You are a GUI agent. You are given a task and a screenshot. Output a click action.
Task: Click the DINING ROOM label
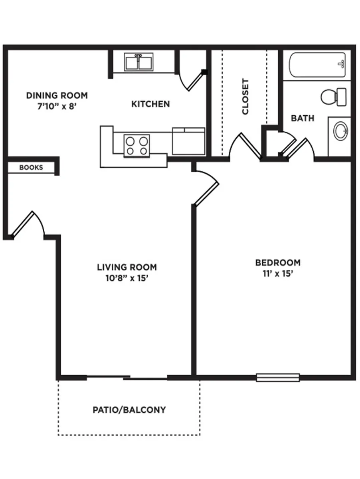tap(57, 95)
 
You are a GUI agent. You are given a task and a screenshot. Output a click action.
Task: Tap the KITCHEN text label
tap(150, 104)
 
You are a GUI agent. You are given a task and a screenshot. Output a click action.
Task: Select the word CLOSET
tap(245, 97)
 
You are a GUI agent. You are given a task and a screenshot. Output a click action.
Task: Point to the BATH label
tap(302, 118)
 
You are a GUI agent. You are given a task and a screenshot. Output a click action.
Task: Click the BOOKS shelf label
tap(31, 168)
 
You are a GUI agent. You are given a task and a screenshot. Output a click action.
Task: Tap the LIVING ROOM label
tap(127, 267)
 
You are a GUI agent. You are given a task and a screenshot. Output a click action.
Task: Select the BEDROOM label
tap(278, 263)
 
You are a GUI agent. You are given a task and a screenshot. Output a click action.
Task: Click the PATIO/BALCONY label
tap(129, 410)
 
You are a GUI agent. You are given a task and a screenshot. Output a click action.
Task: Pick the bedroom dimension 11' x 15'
tap(278, 274)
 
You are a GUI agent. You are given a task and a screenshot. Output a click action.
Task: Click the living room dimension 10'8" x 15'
tap(127, 278)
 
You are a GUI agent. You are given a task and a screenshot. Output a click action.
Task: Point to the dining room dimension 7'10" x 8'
tap(57, 107)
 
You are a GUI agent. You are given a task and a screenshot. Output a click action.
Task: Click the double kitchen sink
tap(138, 62)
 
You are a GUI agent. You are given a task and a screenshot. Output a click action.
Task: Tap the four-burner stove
tap(136, 145)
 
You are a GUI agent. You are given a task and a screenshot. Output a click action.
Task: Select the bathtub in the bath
tap(317, 65)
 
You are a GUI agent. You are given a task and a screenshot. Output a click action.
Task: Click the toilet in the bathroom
tap(334, 97)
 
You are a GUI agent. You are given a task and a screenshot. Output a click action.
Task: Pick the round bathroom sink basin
tap(341, 131)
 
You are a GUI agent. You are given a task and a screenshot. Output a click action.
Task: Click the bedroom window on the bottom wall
tap(278, 377)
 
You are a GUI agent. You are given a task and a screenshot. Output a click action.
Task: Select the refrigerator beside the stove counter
tap(188, 141)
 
